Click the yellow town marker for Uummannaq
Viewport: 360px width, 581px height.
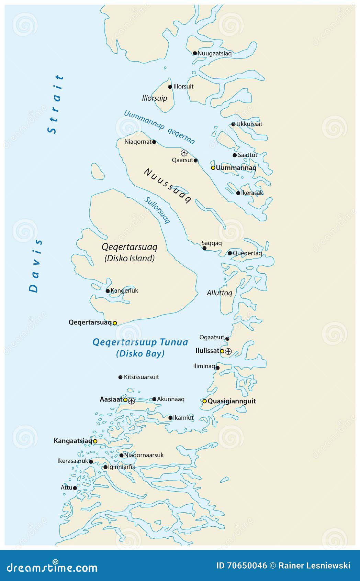(x=213, y=168)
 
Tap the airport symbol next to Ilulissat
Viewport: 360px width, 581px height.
(x=228, y=351)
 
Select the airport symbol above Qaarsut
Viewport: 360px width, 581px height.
(x=184, y=153)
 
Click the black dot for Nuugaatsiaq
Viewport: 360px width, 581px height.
(x=195, y=53)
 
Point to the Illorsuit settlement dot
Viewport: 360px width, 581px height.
(x=170, y=87)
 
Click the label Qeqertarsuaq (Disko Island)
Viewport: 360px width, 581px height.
(x=130, y=252)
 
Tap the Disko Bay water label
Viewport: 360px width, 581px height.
(x=140, y=348)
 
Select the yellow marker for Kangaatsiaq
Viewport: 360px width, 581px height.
(x=95, y=441)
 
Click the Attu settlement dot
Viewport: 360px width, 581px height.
(x=75, y=488)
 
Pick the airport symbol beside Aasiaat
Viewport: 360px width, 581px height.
(x=132, y=401)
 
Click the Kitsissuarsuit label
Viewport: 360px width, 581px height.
(x=141, y=377)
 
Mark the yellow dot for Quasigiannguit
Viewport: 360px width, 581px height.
(x=204, y=401)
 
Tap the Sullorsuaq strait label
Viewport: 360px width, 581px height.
(x=157, y=210)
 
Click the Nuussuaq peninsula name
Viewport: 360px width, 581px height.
(x=167, y=186)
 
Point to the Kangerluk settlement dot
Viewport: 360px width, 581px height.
(x=108, y=291)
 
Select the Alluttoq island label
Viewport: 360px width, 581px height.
(x=219, y=293)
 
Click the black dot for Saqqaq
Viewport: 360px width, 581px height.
(x=204, y=248)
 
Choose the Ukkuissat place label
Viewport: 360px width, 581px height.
(x=249, y=124)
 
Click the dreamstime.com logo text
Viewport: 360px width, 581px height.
(x=52, y=567)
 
